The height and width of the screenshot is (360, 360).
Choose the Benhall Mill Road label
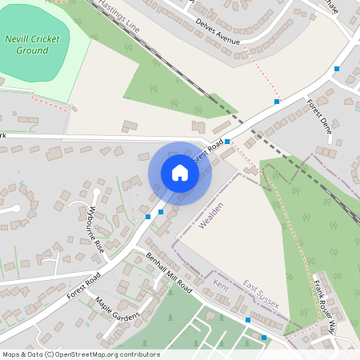(170, 273)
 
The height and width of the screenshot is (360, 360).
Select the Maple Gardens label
(117, 309)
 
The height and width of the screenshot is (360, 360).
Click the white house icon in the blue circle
(180, 173)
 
